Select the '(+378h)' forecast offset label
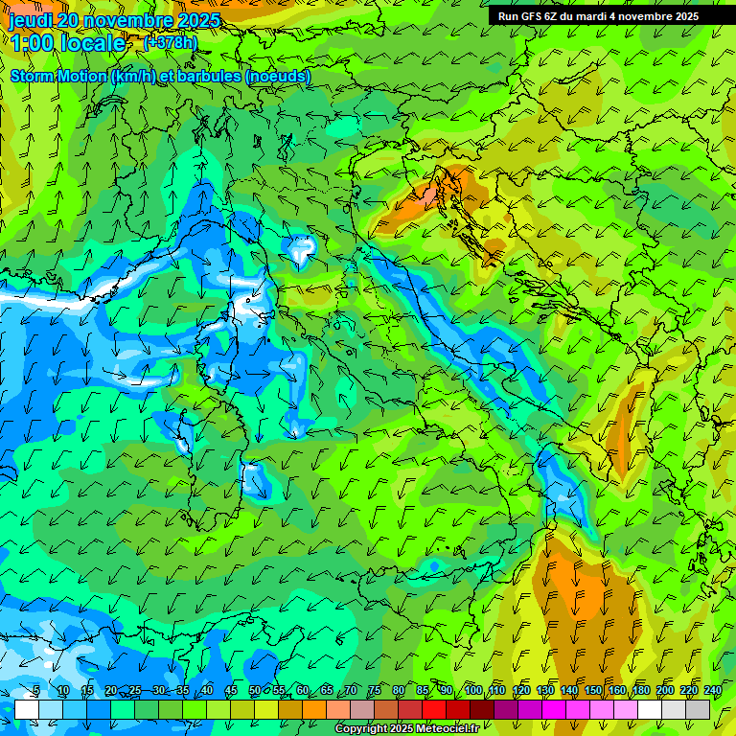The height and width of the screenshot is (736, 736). pos(171,42)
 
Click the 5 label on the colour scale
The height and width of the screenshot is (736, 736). pos(36,691)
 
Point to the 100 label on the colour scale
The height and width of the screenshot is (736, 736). pos(472,691)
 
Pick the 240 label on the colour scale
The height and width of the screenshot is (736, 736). pos(712,691)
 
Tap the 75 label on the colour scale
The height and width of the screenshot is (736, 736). pos(375,691)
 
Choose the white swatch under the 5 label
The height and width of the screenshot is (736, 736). pos(27,709)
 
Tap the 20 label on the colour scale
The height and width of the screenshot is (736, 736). pos(111,691)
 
